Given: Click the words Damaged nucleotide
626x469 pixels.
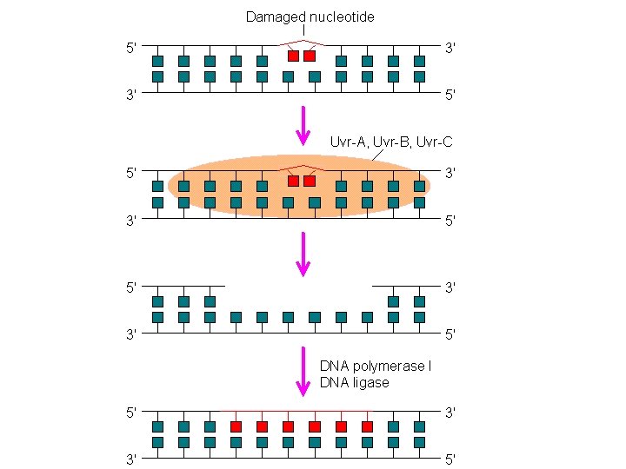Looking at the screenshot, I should [x=310, y=17].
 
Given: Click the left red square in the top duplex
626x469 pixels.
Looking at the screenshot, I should [x=294, y=56].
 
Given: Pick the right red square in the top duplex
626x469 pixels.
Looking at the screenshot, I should [x=310, y=56].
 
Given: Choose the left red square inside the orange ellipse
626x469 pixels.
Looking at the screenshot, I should [x=294, y=182].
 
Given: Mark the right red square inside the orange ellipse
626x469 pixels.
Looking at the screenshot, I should [x=310, y=182].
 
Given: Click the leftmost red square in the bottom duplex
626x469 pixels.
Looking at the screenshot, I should [x=236, y=426].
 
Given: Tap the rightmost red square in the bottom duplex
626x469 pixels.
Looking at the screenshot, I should [x=367, y=426].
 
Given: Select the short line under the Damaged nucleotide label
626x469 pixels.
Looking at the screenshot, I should [x=303, y=32].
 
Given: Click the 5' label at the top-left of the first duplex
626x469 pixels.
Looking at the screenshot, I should [x=131, y=49].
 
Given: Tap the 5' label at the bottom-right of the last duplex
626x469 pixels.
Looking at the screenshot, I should [x=450, y=459].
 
